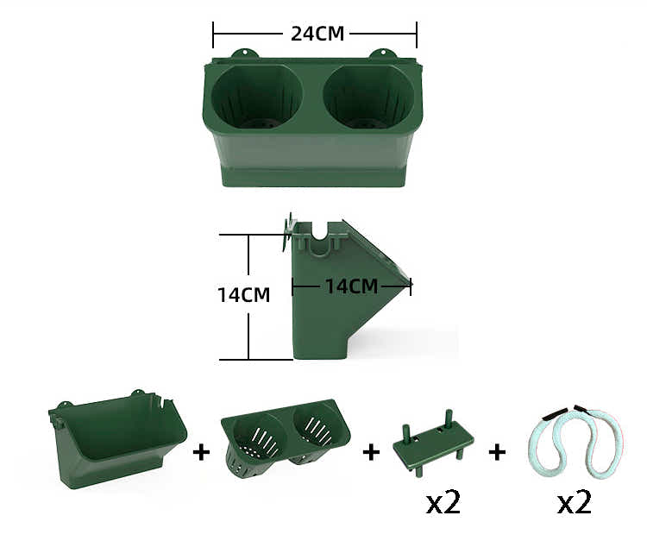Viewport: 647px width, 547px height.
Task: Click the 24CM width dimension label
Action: point(317,35)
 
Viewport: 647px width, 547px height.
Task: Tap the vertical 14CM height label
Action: point(244,295)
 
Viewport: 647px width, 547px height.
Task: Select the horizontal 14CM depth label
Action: point(352,286)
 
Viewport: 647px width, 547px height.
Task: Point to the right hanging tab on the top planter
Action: point(380,54)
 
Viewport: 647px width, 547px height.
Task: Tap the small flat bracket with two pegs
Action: point(431,446)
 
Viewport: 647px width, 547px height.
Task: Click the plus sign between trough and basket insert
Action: point(202,451)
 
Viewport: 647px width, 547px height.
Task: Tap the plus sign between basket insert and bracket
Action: point(371,451)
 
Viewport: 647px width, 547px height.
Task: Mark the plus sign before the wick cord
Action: point(497,451)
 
